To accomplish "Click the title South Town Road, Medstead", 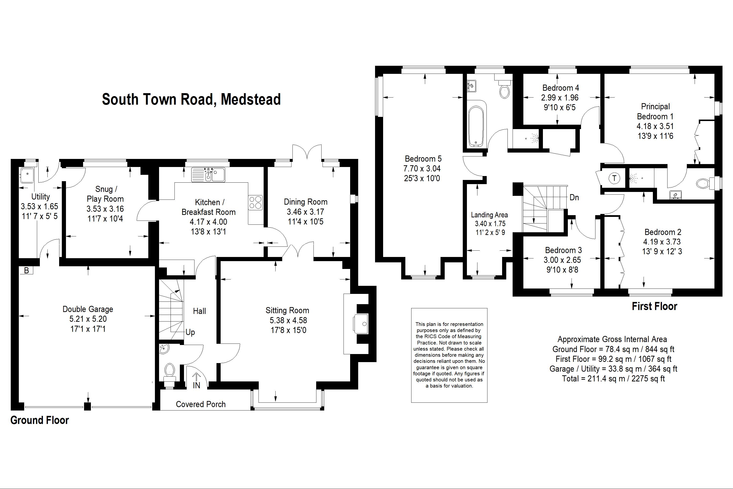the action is (191, 99).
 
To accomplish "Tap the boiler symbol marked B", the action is (26, 270).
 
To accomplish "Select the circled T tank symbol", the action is (614, 178).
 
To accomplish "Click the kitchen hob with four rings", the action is (255, 202).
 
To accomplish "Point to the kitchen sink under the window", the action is (208, 174).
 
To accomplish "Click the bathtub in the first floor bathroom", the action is (476, 126).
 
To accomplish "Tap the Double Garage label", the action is (88, 309).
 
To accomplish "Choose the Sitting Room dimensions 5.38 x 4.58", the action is (288, 320).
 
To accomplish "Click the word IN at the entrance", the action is (196, 386).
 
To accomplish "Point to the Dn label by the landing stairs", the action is (574, 197).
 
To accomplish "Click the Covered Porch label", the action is (201, 404).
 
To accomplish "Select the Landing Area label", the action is (489, 215).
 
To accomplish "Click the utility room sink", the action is (27, 175).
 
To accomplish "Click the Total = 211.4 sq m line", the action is (613, 378).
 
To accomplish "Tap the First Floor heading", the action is (655, 306).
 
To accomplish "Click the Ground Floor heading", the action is (40, 420).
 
